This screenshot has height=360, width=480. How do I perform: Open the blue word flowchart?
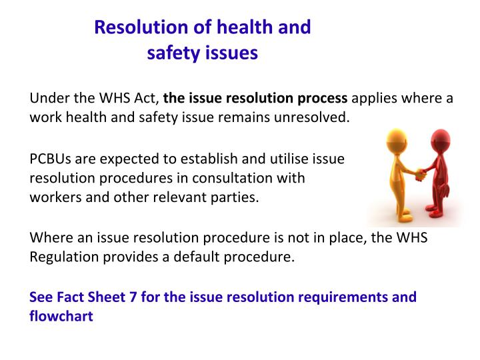pos(61,316)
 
